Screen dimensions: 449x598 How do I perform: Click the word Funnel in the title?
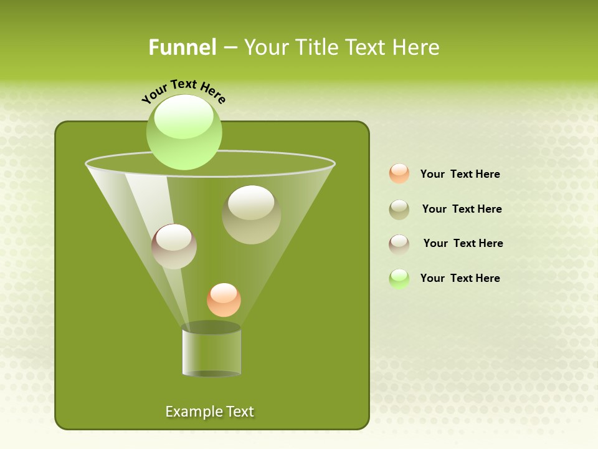pyautogui.click(x=182, y=47)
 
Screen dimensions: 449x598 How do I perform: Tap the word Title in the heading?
pyautogui.click(x=317, y=47)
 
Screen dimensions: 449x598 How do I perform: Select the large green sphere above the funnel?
pyautogui.click(x=184, y=132)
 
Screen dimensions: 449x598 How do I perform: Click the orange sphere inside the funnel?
pyautogui.click(x=224, y=300)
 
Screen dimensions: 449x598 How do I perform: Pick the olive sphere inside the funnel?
pyautogui.click(x=251, y=215)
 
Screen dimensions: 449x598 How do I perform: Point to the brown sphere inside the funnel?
pyautogui.click(x=174, y=246)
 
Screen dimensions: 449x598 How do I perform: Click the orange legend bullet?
pyautogui.click(x=399, y=174)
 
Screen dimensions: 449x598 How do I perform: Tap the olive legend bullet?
pyautogui.click(x=399, y=210)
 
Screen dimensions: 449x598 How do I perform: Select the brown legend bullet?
pyautogui.click(x=399, y=244)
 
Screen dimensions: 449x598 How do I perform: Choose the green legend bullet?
pyautogui.click(x=399, y=279)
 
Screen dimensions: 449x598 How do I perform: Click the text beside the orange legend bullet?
pyautogui.click(x=460, y=174)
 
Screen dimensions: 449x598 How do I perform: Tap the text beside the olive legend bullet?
pyautogui.click(x=462, y=209)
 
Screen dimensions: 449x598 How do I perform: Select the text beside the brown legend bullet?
pyautogui.click(x=463, y=243)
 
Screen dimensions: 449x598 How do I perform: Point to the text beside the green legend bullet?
pyautogui.click(x=460, y=278)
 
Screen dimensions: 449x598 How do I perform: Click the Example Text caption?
pyautogui.click(x=209, y=412)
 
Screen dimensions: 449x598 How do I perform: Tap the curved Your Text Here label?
pyautogui.click(x=183, y=91)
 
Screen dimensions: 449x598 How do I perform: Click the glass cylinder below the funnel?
pyautogui.click(x=211, y=350)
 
